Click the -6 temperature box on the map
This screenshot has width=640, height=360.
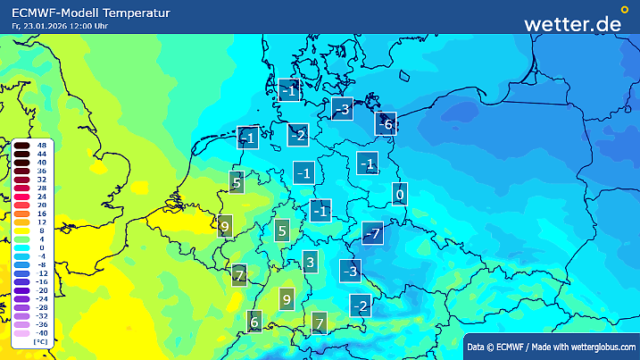[x=385, y=125]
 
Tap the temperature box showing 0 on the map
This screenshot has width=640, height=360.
[x=400, y=194]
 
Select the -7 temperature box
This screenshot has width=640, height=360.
[x=373, y=234]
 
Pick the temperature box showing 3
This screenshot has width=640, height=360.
[x=310, y=262]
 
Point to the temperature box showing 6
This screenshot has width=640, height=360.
[x=254, y=322]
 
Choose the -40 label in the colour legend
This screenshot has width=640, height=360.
[x=41, y=332]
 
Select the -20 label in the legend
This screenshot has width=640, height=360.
[x=41, y=290]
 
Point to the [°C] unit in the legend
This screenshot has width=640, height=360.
[x=41, y=342]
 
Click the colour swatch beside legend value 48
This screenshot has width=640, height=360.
[x=21, y=145]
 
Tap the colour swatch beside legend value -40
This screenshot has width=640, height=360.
[x=21, y=332]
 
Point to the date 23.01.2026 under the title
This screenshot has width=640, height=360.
[x=46, y=26]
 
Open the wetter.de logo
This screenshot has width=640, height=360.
[x=573, y=23]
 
